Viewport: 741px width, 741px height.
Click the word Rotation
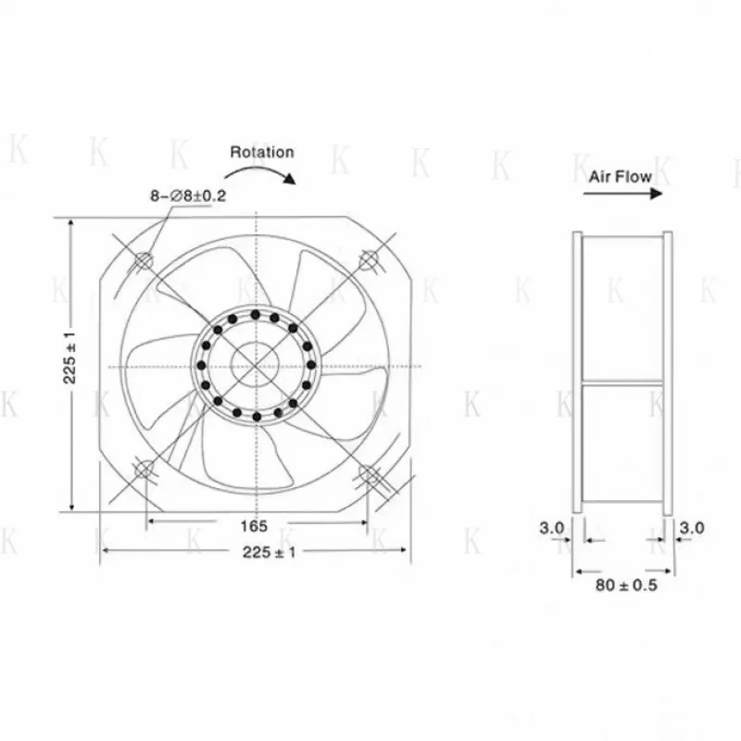[x=261, y=152]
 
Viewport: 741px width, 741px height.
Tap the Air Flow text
[x=620, y=175]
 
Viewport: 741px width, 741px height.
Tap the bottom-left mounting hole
[x=144, y=471]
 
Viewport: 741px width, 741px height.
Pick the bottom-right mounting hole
[x=369, y=474]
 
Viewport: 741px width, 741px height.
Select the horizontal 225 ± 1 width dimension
[x=256, y=552]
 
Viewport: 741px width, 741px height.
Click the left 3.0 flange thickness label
[x=552, y=527]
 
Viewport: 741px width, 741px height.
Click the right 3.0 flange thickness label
[x=692, y=527]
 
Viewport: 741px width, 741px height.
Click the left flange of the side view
[x=576, y=371]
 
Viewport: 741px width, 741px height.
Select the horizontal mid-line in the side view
[x=622, y=383]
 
